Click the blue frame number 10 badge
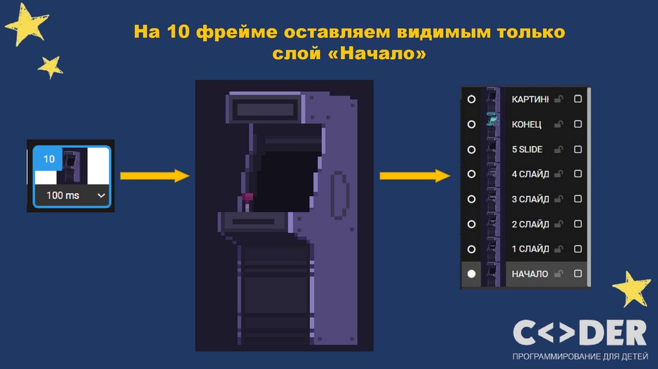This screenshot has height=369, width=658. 49,158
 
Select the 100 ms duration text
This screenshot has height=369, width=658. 63,195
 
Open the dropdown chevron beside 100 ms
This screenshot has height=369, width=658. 100,195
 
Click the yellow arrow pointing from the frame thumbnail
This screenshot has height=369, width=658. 155,175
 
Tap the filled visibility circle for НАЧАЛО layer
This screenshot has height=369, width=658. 472,273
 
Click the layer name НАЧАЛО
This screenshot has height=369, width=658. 529,274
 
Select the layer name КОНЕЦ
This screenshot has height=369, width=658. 526,124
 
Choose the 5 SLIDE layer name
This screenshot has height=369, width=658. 527,149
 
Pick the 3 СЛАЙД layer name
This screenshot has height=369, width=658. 530,199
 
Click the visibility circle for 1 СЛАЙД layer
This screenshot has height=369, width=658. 472,249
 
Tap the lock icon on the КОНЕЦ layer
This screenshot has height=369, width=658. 558,124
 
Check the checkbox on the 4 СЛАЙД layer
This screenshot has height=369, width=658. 578,174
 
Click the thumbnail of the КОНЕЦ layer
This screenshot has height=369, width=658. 493,122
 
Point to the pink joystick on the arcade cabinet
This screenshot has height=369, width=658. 248,197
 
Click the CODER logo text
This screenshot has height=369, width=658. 579,334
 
